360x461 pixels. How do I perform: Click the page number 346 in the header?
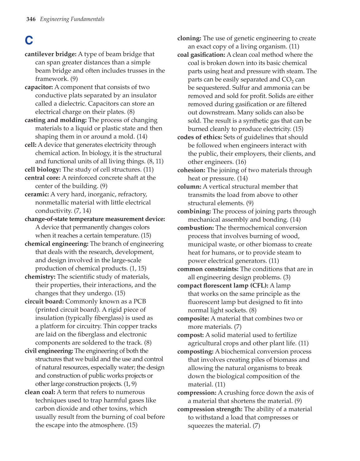[x=31, y=19]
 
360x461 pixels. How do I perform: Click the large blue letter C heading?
[x=29, y=41]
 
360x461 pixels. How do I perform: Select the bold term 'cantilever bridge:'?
[x=50, y=54]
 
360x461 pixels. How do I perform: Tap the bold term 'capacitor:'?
[x=39, y=87]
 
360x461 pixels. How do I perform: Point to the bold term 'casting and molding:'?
[x=56, y=120]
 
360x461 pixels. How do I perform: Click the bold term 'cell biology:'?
[x=43, y=170]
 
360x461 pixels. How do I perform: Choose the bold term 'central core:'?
[x=42, y=178]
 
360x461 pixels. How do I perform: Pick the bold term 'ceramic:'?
[x=37, y=194]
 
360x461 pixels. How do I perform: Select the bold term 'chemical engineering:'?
[x=56, y=244]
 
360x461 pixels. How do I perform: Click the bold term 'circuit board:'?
[x=44, y=301]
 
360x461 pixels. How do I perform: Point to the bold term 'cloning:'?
[x=189, y=38]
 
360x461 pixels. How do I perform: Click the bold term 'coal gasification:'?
[x=201, y=55]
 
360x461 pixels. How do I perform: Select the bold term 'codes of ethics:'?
[x=200, y=137]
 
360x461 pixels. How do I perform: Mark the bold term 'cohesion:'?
[x=191, y=170]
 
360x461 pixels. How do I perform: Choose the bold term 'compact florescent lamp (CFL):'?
[x=223, y=286]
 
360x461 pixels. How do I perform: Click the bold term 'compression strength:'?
[x=210, y=409]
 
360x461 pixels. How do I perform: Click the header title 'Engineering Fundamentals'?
[x=72, y=19]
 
